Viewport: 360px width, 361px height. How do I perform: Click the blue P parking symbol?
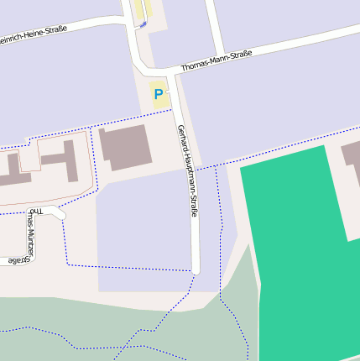[x=158, y=95]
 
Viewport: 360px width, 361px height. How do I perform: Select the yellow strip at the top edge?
[x=138, y=8]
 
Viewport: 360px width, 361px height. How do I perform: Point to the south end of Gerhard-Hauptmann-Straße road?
[x=196, y=269]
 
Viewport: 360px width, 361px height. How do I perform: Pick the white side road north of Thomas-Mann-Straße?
[x=215, y=29]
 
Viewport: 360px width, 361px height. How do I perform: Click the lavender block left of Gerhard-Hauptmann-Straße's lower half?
[x=143, y=227]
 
